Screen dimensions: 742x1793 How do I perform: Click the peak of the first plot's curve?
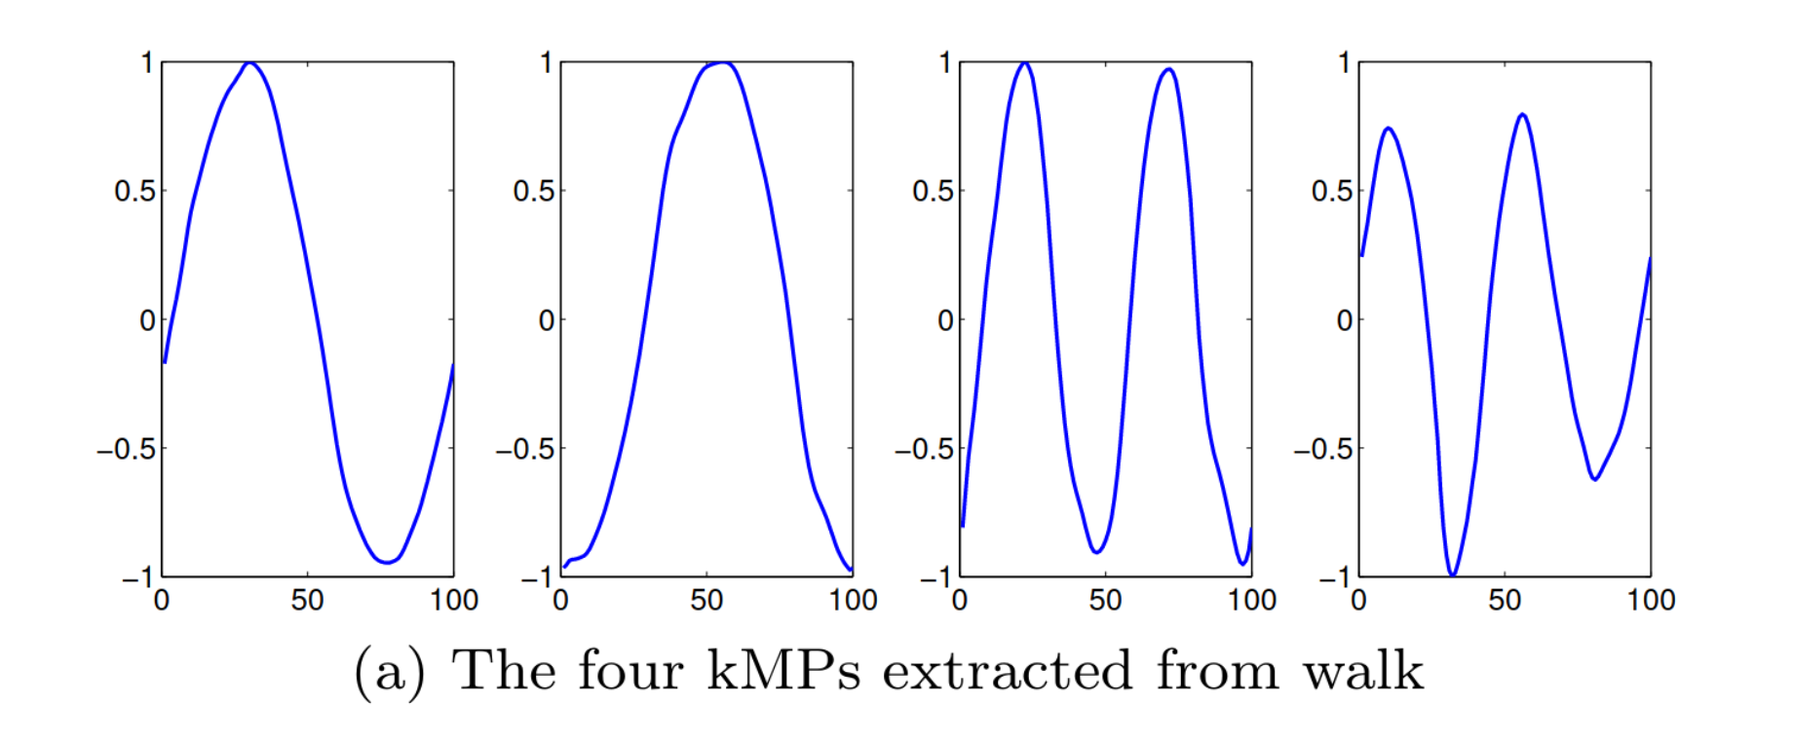coord(250,64)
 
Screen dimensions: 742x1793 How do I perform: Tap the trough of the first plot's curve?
coord(387,562)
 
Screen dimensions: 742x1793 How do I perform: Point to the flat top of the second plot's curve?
coord(719,64)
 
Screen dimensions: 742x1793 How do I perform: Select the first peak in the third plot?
coord(1024,64)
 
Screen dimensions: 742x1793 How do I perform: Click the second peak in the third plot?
coord(1168,70)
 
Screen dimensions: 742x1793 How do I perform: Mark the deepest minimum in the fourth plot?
coord(1452,575)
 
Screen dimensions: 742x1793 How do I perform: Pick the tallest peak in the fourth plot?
coord(1522,116)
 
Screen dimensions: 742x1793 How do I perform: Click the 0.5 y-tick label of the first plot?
coord(134,191)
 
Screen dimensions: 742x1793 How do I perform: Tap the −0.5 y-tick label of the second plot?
coord(524,449)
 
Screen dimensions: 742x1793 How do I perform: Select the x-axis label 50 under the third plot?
coord(1105,600)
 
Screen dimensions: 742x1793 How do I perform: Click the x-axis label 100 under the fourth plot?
coord(1651,600)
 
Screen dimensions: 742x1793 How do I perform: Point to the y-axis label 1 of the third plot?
coord(944,63)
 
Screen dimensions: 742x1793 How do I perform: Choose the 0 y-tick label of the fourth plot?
coord(1344,319)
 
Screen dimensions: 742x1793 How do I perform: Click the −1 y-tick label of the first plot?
coord(137,578)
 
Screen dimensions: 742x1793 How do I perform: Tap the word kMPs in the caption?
coord(782,671)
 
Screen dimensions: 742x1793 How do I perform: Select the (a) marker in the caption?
coord(390,671)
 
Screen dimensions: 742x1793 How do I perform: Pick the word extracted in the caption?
coord(1008,671)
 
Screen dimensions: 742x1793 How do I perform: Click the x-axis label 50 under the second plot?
coord(706,600)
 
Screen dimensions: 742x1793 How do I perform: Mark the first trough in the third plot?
coord(1097,552)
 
